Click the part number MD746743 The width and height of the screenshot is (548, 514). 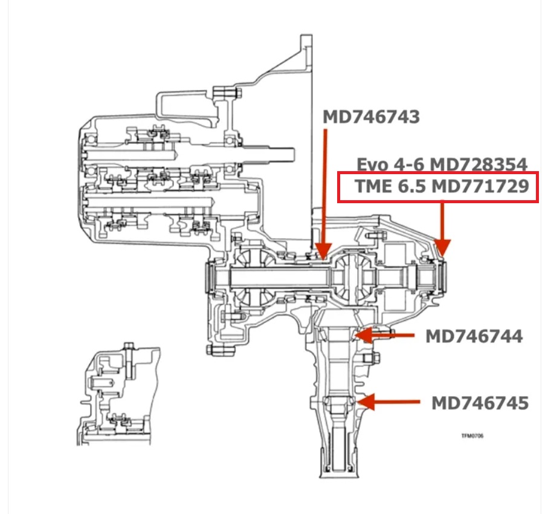(371, 117)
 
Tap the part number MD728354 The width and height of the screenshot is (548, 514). (479, 164)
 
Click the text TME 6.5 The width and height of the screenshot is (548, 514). (390, 186)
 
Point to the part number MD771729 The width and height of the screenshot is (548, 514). (480, 186)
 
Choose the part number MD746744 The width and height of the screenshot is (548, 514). (474, 337)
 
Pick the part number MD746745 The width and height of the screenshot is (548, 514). (480, 403)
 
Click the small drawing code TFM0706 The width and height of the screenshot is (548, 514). (472, 435)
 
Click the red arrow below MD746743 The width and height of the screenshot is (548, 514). (324, 194)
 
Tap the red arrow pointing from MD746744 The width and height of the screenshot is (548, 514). (384, 335)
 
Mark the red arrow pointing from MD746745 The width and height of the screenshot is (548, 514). (388, 402)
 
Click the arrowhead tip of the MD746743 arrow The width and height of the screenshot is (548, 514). (324, 259)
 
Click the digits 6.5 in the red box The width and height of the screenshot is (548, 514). (411, 186)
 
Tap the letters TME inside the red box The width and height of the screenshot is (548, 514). (373, 186)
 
